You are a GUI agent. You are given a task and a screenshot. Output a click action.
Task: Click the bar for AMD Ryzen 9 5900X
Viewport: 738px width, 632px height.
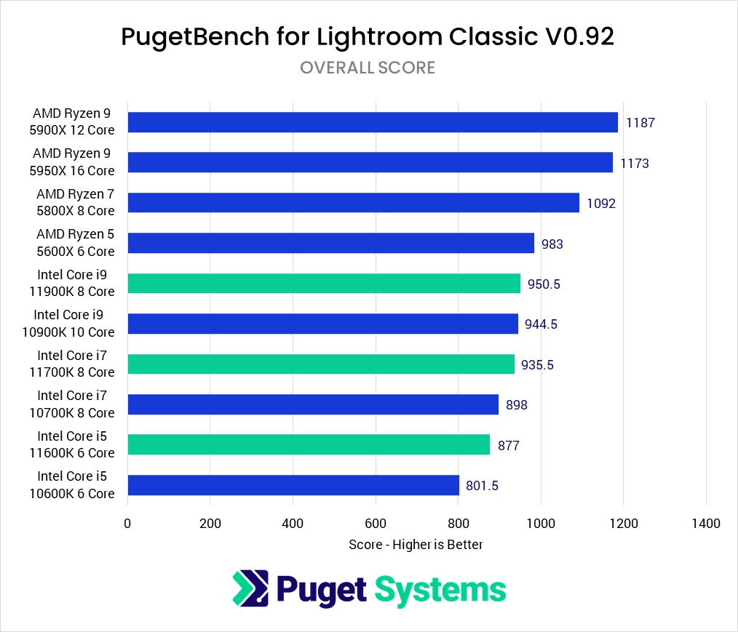[373, 122]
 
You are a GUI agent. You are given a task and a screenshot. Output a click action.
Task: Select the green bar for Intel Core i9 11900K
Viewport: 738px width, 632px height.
[324, 284]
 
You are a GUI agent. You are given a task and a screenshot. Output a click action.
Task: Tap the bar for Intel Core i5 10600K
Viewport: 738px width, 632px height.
[293, 485]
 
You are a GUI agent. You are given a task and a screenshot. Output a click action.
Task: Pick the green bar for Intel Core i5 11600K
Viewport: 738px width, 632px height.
[309, 444]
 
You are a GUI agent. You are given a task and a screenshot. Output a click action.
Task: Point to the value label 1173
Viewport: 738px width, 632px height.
[635, 163]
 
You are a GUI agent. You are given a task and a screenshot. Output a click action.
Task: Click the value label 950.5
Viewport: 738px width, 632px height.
[544, 284]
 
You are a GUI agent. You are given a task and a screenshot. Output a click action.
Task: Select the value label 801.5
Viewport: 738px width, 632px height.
[482, 485]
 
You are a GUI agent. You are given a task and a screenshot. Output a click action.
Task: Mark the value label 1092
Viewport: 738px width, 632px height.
[601, 204]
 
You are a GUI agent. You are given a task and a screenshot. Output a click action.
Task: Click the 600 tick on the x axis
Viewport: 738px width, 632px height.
[376, 523]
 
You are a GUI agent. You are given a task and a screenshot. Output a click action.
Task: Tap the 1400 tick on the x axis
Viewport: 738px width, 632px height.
[706, 523]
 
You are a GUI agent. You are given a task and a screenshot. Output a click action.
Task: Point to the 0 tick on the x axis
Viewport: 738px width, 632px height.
[127, 523]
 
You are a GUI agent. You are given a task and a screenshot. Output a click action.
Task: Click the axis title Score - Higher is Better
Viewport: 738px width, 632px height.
[416, 544]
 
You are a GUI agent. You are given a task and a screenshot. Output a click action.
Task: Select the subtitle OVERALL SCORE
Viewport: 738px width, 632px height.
[368, 68]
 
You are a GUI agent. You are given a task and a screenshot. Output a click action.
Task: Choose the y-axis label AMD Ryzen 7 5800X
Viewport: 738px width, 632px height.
[76, 203]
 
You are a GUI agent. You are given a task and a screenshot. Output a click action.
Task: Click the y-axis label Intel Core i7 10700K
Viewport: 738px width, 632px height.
[76, 404]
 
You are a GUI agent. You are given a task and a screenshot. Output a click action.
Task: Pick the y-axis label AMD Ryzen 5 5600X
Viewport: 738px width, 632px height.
[76, 243]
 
